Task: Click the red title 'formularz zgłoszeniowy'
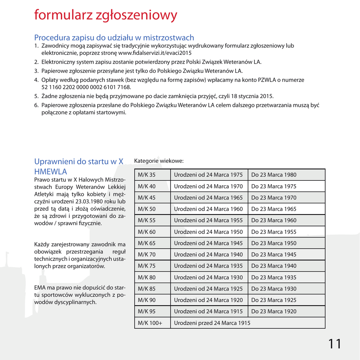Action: (x=105, y=15)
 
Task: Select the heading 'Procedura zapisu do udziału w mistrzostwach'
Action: (x=114, y=38)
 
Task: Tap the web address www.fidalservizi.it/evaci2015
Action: (x=155, y=53)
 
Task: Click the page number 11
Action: (x=335, y=344)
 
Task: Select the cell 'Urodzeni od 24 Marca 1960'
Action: (x=208, y=209)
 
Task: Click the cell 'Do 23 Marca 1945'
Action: (x=274, y=255)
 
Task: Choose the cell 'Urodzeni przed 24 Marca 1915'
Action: (x=212, y=323)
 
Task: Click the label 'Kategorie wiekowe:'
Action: (x=159, y=161)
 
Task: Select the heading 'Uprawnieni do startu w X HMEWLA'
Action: (x=79, y=166)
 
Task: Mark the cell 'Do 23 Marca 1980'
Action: (x=274, y=175)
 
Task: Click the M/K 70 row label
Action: (x=147, y=255)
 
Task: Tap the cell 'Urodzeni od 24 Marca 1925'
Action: (x=208, y=289)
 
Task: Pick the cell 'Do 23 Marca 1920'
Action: (x=274, y=311)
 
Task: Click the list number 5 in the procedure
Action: (x=36, y=96)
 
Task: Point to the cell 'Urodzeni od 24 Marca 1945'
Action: (x=208, y=243)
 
